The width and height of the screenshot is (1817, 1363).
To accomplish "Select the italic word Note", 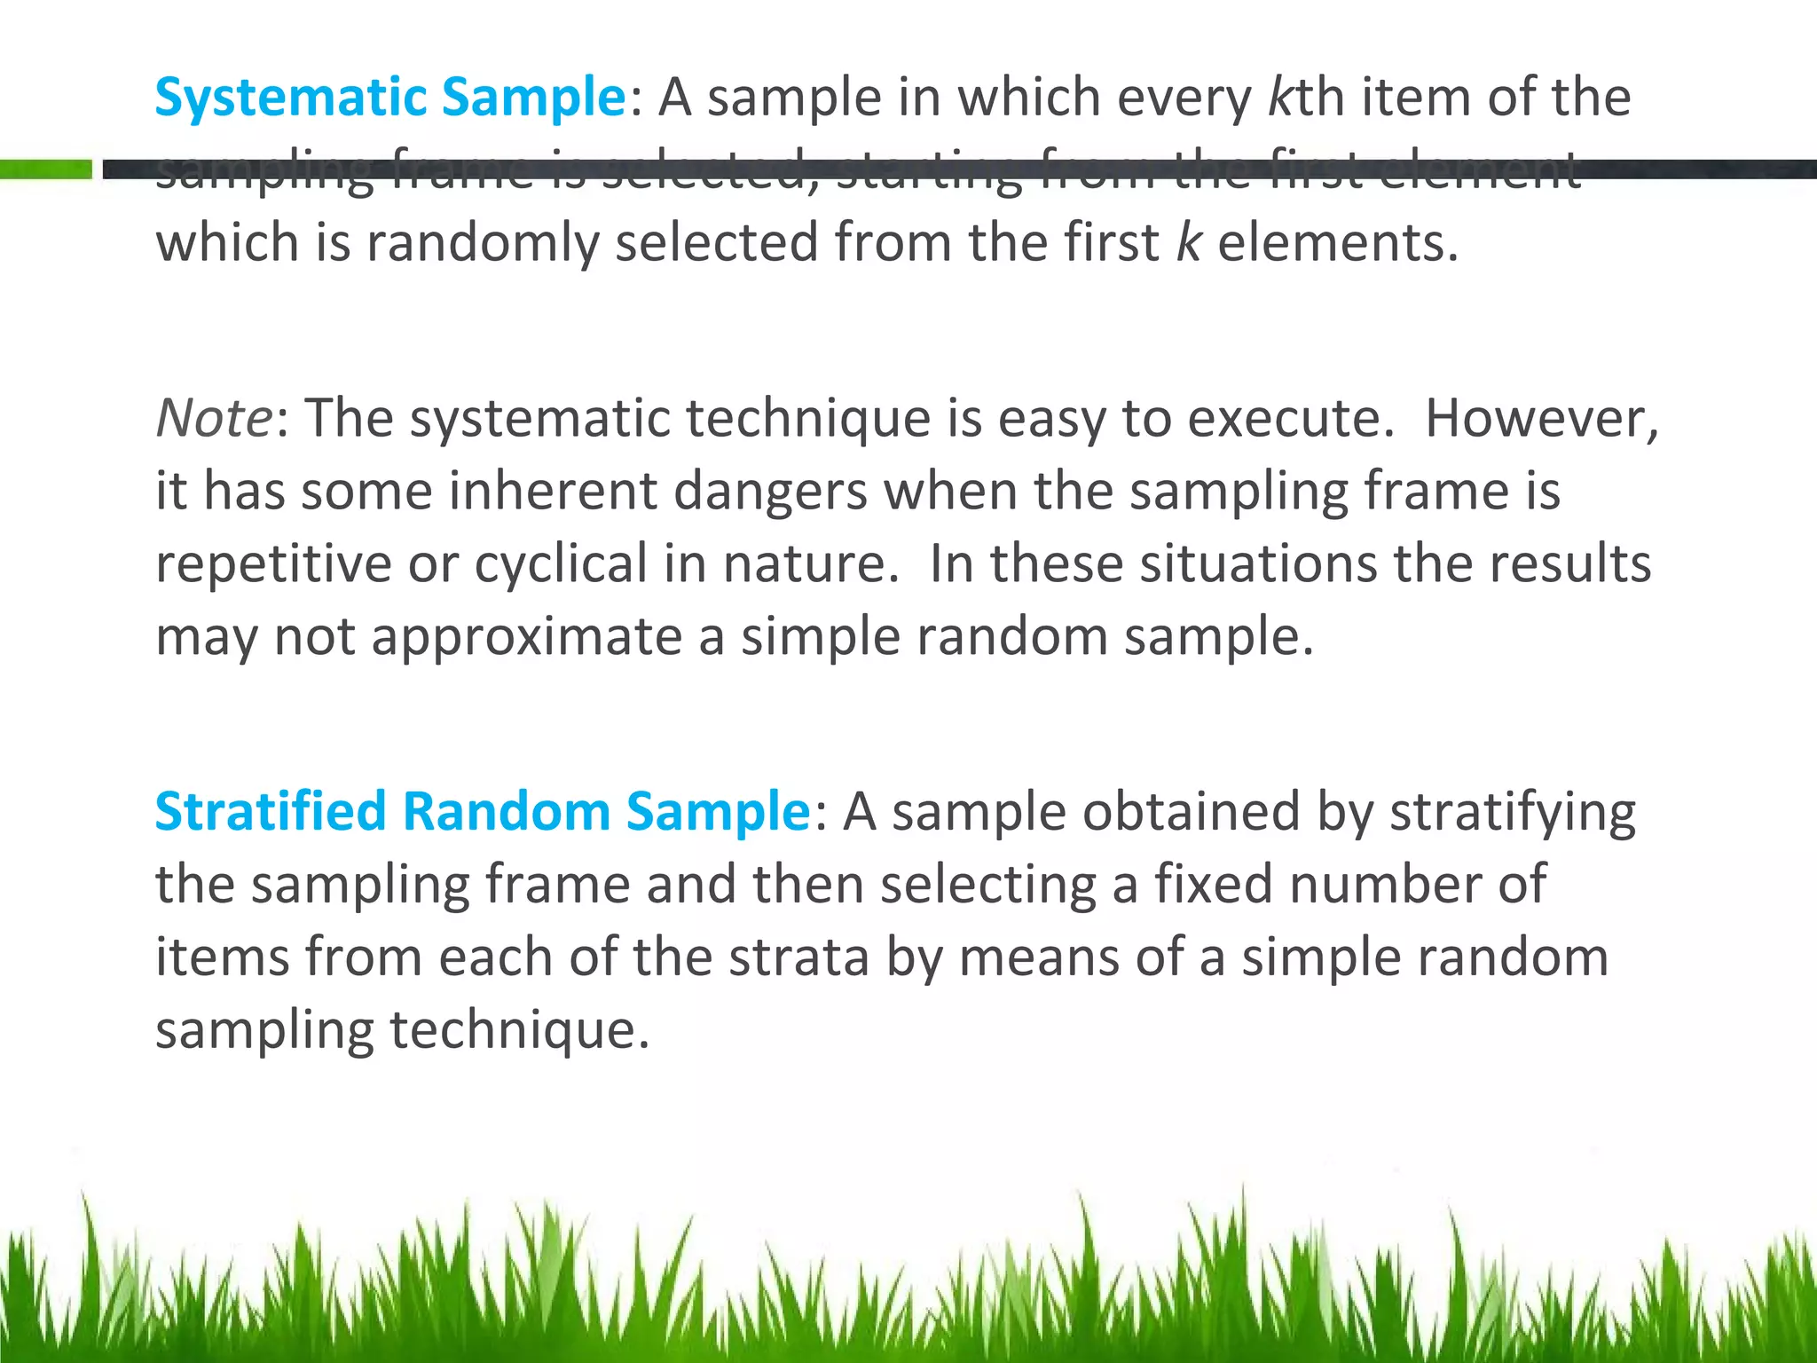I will pos(214,418).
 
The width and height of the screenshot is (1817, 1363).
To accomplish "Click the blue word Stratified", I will pos(271,811).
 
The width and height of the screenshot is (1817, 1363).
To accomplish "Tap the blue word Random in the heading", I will pos(506,811).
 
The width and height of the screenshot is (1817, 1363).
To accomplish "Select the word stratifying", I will pos(1512,813).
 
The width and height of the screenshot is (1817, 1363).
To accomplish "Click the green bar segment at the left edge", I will pos(45,169).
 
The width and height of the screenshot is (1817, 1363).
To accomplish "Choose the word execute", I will pos(1291,418).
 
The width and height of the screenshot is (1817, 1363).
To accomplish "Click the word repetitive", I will pos(273,564).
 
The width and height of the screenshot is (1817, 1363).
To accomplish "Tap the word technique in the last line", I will pos(519,1030).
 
